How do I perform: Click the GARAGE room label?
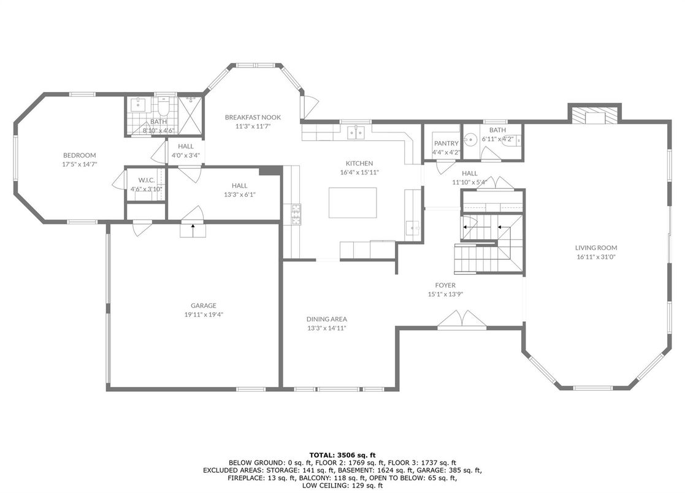pos(203,305)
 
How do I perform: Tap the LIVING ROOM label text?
pos(596,248)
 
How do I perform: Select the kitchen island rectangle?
pos(353,202)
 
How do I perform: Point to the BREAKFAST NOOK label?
pos(253,117)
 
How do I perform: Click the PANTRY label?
pos(446,143)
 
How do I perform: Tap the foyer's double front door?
pos(462,318)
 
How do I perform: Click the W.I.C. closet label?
pos(147,180)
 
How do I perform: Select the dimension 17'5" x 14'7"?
pos(79,164)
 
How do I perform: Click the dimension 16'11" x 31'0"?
pos(596,257)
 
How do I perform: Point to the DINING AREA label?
pos(326,319)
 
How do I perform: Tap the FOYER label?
pos(445,285)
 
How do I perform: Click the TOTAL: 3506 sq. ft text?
pos(342,455)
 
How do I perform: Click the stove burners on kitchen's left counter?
pos(296,214)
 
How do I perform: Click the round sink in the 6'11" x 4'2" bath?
pos(470,140)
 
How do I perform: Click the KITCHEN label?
pos(359,163)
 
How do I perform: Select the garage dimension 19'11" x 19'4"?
pos(204,315)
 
